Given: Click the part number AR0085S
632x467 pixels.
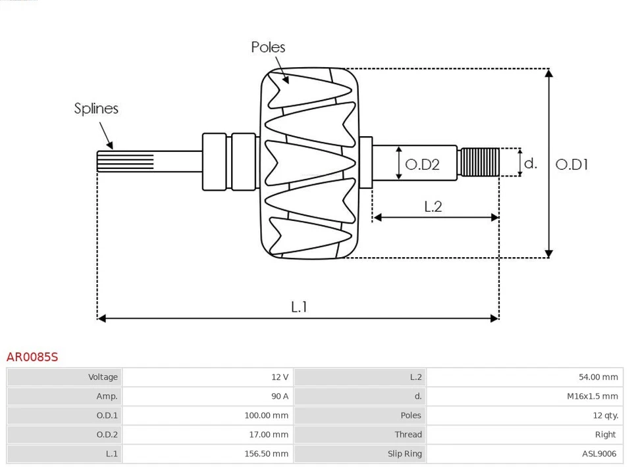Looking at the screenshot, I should tap(32, 357).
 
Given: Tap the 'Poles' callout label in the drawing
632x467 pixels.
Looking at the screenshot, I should tap(268, 47).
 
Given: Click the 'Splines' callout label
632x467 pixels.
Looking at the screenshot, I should tap(96, 109).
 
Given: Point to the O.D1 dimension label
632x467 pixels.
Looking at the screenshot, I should tap(571, 164).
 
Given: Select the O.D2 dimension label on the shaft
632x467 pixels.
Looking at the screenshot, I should tap(422, 164).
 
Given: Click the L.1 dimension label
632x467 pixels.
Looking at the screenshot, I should tap(299, 307).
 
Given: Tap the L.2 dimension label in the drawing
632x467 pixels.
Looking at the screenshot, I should tap(433, 207).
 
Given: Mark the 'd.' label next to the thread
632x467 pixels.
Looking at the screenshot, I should tap(530, 164).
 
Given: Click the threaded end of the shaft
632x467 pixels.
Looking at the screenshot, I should tap(480, 162).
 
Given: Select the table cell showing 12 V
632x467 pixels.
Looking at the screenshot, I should tap(280, 377).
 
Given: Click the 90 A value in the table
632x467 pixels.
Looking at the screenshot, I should tap(280, 396).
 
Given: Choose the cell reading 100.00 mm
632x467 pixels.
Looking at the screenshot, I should tap(266, 415).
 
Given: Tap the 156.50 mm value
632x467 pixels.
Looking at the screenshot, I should tap(266, 453).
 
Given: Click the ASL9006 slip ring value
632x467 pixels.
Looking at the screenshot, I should tap(598, 453).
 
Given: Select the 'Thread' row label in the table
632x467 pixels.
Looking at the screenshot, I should tap(408, 434).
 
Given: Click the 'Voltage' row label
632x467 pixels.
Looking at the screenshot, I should tap(103, 377).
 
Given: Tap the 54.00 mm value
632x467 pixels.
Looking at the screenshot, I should tap(598, 377).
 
